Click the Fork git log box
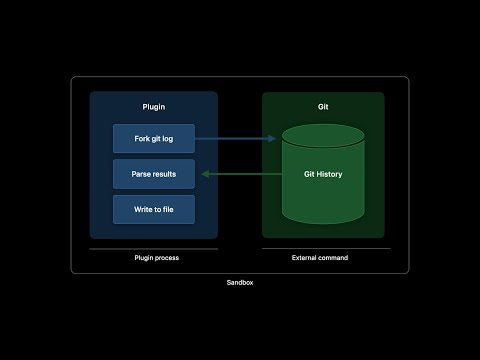coord(153,138)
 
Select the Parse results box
coord(153,174)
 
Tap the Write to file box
coord(153,209)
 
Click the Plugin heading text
coord(153,106)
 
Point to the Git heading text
coord(323,106)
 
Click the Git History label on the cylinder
coord(323,174)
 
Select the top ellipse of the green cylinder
coord(323,136)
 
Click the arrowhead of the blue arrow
coord(272,138)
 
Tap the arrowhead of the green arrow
coord(205,174)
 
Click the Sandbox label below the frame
coord(240,284)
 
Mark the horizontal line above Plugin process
coord(153,248)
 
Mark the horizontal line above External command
coord(326,248)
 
